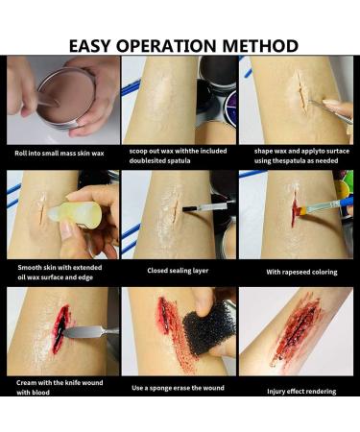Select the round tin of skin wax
pos(66,98)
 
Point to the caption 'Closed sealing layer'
pos(178,271)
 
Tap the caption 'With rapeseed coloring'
pos(301,273)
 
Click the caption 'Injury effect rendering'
pos(301,392)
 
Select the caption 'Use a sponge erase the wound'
pos(178,388)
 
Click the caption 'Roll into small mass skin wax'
pos(60,154)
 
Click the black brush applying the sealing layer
pos(190,209)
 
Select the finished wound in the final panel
pos(296,332)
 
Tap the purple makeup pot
pos(231,108)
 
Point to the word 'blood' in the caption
pos(41,393)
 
